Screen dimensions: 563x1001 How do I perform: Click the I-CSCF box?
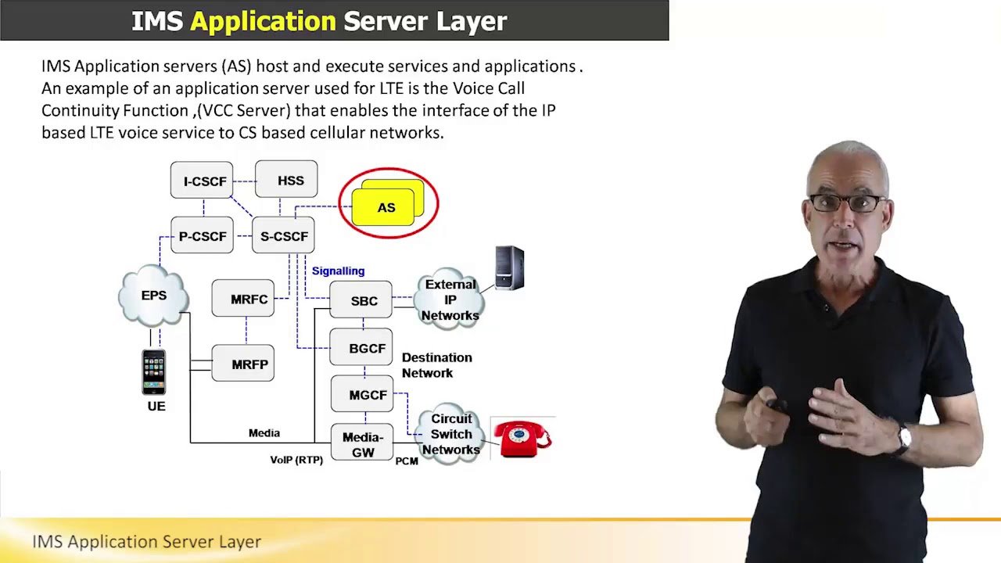tap(202, 181)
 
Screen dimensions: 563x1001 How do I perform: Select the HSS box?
tap(286, 180)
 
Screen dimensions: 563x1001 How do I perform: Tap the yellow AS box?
tap(386, 207)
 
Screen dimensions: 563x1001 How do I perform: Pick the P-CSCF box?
tap(202, 236)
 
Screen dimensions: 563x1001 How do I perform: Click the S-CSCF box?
tap(283, 236)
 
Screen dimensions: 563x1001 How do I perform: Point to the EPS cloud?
tap(154, 296)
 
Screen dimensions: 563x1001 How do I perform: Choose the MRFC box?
tap(243, 299)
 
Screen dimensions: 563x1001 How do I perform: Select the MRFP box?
tap(243, 364)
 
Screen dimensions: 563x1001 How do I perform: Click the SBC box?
tap(361, 300)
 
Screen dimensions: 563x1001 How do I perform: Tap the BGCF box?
tap(361, 348)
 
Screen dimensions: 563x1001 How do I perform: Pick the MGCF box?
tap(362, 395)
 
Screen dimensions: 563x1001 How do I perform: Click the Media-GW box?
tap(362, 444)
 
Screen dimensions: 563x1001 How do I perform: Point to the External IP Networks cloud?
tap(450, 299)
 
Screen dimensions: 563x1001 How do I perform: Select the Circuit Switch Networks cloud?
tap(450, 434)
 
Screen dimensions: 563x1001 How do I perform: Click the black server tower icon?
tap(509, 268)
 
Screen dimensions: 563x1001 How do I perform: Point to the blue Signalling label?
tap(338, 271)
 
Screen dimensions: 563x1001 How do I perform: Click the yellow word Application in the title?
tap(263, 21)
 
